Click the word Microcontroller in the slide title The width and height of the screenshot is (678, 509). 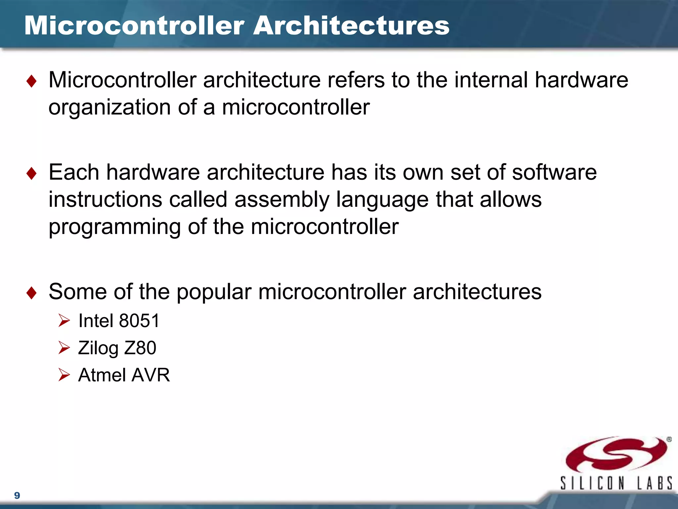pyautogui.click(x=134, y=26)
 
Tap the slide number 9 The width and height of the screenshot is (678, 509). pyautogui.click(x=17, y=495)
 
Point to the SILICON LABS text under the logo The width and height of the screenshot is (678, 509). pyautogui.click(x=616, y=483)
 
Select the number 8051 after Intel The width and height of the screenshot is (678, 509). pyautogui.click(x=139, y=321)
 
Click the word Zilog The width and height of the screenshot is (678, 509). pyautogui.click(x=98, y=348)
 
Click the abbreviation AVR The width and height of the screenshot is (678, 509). pyautogui.click(x=151, y=375)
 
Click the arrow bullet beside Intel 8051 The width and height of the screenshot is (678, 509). pyautogui.click(x=64, y=321)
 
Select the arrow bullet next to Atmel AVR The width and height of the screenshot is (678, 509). pyautogui.click(x=64, y=375)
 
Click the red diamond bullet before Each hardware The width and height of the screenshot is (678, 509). pyautogui.click(x=31, y=173)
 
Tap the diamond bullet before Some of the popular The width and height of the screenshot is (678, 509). pyautogui.click(x=31, y=293)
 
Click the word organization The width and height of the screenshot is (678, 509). pyautogui.click(x=110, y=108)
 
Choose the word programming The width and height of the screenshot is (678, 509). pyautogui.click(x=115, y=227)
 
